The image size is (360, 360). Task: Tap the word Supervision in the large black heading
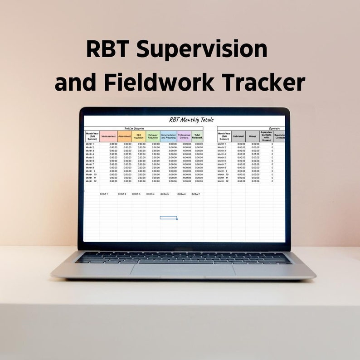202,49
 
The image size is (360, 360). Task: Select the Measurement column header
108,136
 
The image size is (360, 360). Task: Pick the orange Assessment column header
125,136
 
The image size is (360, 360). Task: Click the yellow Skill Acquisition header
139,136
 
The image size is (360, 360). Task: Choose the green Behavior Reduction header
153,136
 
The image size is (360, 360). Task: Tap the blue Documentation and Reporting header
168,136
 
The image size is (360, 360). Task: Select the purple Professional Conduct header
184,136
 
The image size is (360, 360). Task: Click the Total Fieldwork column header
197,136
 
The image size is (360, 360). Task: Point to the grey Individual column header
238,136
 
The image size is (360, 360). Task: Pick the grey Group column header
253,136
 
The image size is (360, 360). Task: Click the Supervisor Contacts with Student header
266,136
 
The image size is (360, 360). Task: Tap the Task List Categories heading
134,129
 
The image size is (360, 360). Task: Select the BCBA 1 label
104,194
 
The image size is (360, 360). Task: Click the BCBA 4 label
151,194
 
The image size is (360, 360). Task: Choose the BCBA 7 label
196,194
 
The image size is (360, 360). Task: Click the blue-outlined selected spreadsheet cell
168,218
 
